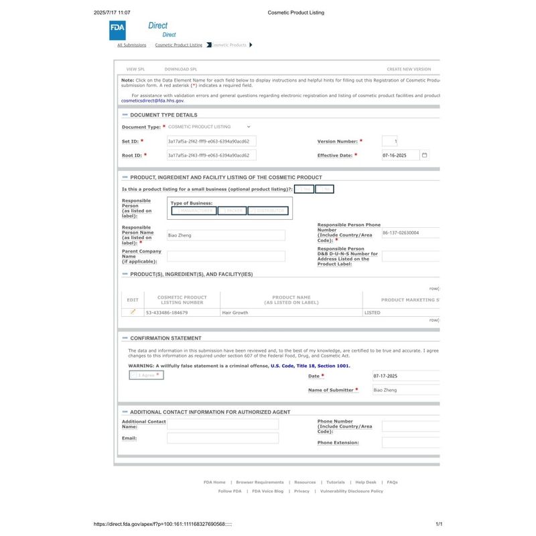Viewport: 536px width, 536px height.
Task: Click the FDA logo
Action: click(x=117, y=30)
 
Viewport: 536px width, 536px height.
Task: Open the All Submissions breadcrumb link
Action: click(x=131, y=46)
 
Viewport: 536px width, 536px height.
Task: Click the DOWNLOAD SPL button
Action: click(x=180, y=69)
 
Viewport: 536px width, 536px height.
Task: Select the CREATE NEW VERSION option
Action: click(x=409, y=69)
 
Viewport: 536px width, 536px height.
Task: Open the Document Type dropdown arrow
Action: click(x=249, y=127)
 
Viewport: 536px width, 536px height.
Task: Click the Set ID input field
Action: click(x=211, y=141)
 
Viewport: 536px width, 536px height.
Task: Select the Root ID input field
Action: click(x=211, y=155)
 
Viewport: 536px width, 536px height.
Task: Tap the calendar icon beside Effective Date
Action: click(x=424, y=155)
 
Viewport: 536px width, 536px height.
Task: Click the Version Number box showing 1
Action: click(x=390, y=141)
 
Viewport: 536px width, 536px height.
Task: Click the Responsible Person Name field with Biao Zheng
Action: click(x=226, y=236)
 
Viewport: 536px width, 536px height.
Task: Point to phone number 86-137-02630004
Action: click(x=401, y=232)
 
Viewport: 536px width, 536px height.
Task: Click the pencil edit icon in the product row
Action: click(x=133, y=312)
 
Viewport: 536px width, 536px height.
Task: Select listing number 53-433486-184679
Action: click(x=167, y=313)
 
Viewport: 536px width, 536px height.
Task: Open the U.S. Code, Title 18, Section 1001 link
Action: click(x=310, y=366)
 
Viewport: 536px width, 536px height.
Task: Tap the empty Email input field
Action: click(x=222, y=438)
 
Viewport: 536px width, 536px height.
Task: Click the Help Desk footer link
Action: click(x=366, y=482)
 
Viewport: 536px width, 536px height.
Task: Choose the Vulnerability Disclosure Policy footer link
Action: click(x=352, y=491)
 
